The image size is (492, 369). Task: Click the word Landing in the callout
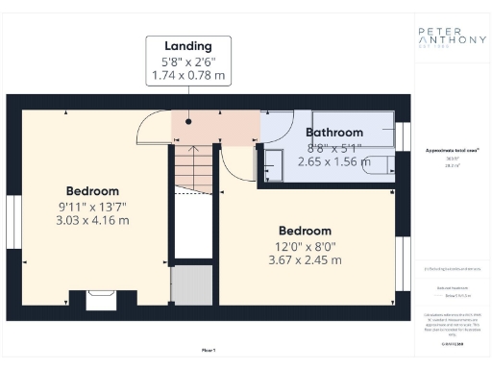click(x=188, y=45)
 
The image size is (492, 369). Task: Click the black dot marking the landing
click(x=188, y=123)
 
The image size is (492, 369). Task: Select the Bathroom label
click(x=333, y=133)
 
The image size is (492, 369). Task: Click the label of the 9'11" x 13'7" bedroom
click(x=92, y=190)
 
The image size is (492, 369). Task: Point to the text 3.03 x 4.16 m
click(x=92, y=220)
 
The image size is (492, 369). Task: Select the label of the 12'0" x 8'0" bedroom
click(x=305, y=231)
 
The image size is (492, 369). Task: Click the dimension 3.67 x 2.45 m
click(x=305, y=260)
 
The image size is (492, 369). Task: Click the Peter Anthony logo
click(x=451, y=39)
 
